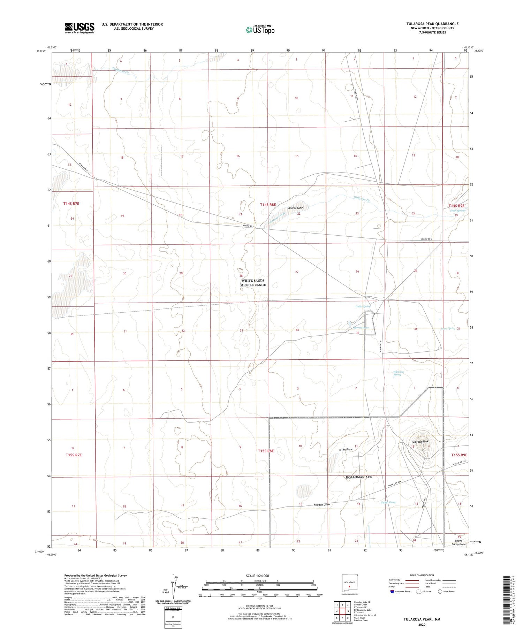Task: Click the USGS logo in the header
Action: pos(79,28)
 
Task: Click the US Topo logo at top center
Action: pos(260,30)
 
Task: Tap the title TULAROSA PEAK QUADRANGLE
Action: pos(432,24)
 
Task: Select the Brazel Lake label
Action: pos(295,208)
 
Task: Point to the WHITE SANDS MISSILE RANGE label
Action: pos(253,283)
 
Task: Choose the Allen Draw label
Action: pos(346,450)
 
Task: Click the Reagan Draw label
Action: pos(321,504)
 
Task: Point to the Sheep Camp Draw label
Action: pos(458,542)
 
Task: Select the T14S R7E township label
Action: pos(71,203)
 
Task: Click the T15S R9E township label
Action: pos(459,455)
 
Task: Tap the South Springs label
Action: pos(457,211)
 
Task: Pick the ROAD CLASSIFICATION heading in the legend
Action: pos(422,575)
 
